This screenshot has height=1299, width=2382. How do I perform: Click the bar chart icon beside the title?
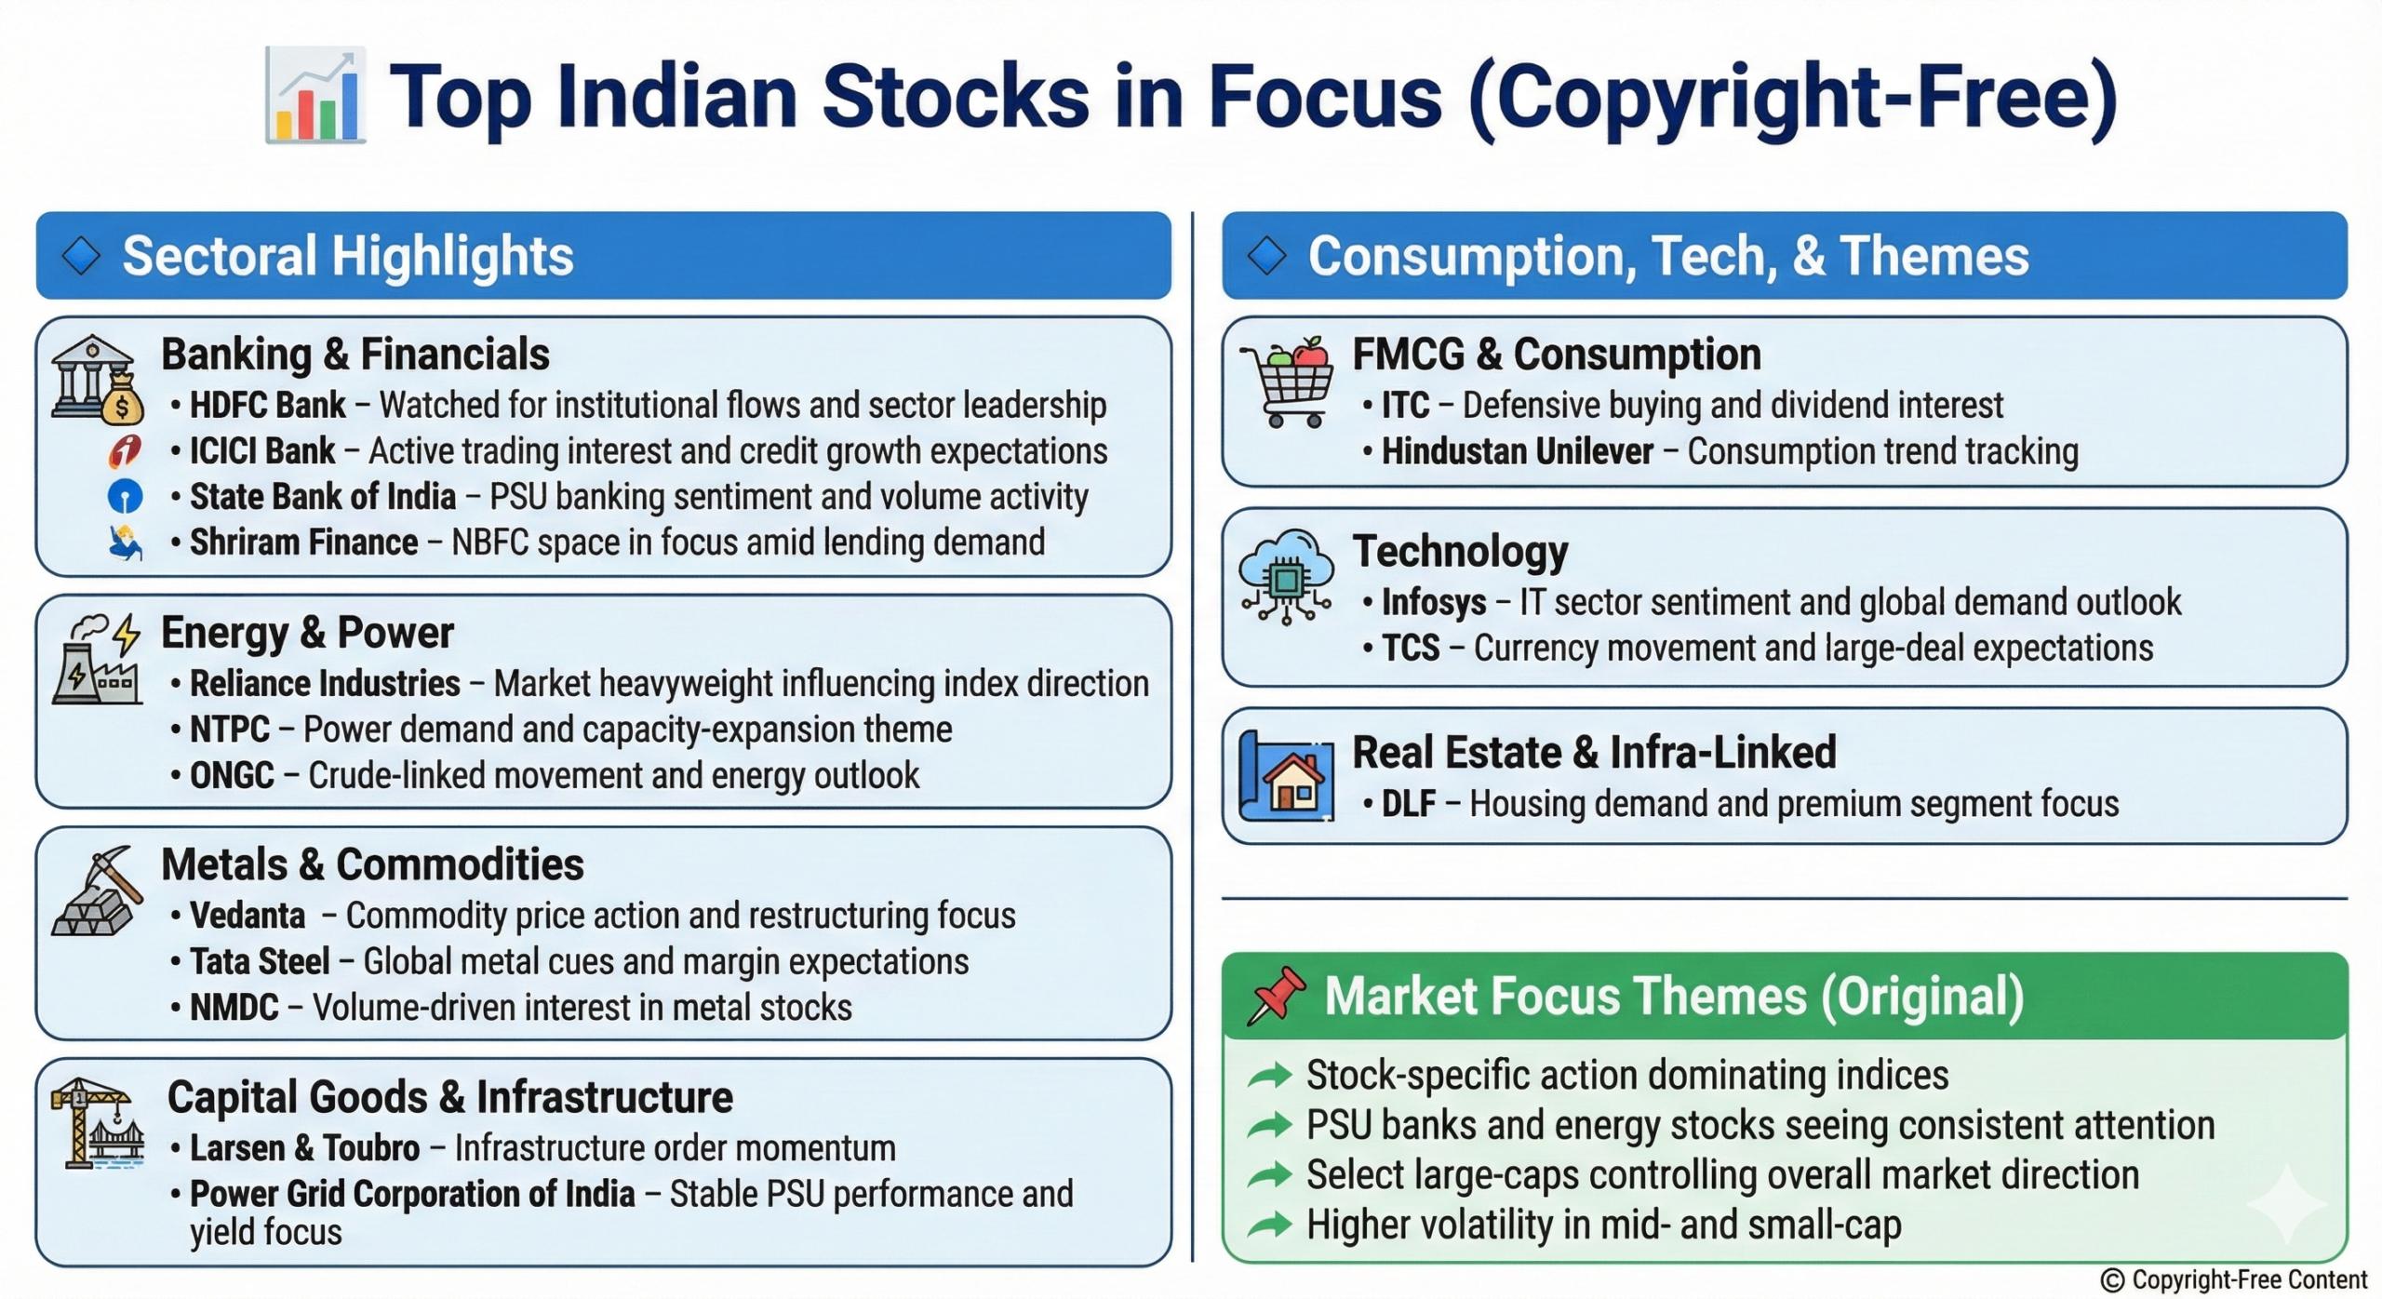[315, 96]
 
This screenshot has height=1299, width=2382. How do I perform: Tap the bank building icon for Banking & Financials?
[98, 380]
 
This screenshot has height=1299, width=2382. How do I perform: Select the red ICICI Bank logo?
[125, 450]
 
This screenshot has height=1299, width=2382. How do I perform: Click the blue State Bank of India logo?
[125, 496]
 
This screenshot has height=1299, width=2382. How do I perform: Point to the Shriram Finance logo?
[125, 542]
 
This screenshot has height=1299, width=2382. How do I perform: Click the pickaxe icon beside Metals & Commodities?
[98, 891]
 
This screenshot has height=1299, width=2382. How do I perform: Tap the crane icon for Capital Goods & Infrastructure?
[98, 1123]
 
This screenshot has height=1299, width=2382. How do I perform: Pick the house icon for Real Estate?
[1287, 776]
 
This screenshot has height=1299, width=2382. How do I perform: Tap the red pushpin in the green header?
[1276, 996]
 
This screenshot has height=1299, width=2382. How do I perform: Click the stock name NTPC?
[230, 730]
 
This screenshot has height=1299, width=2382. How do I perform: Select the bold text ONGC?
[232, 776]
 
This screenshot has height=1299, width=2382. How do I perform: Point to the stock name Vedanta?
[248, 916]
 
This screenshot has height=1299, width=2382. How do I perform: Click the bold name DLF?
[1409, 804]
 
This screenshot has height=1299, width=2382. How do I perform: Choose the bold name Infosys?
[1434, 603]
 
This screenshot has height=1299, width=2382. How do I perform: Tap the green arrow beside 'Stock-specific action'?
[1270, 1076]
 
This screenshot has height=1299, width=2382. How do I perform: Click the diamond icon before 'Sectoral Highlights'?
[81, 256]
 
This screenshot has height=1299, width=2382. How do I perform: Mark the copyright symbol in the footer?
[2112, 1281]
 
